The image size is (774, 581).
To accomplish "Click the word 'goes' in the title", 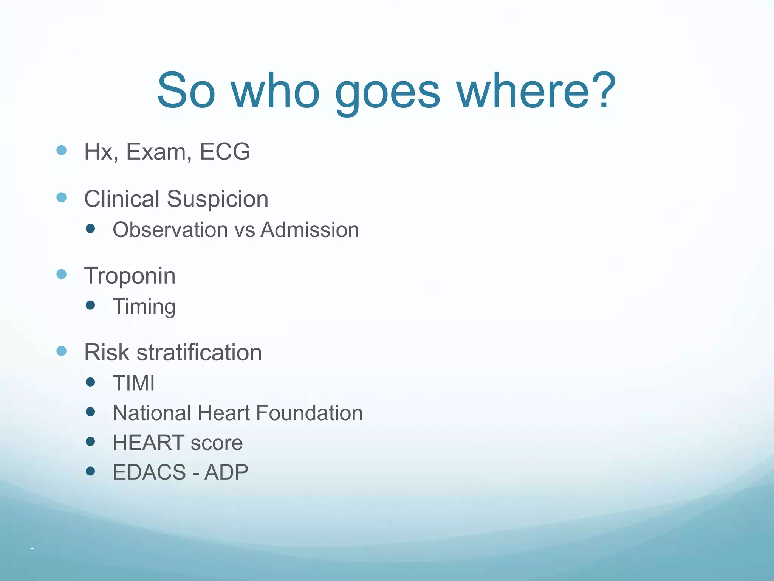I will [387, 93].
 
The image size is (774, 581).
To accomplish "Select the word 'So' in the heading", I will [186, 91].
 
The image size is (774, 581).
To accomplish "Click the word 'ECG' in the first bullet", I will [224, 152].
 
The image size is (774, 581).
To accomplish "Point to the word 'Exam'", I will [156, 152].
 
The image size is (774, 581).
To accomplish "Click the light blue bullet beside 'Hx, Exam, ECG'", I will [61, 151].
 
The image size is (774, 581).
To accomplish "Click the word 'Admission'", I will [310, 230].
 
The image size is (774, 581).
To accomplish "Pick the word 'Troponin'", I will [130, 276].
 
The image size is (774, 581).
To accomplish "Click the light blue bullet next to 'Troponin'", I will [61, 274].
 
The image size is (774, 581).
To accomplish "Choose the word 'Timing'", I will [144, 307].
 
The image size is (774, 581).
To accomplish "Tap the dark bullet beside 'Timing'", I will [90, 305].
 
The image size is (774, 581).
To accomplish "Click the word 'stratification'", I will [199, 353].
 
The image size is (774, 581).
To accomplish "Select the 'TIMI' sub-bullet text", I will [134, 383].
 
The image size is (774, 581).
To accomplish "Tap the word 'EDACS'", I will [149, 472].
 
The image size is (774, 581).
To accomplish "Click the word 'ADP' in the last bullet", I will [226, 472].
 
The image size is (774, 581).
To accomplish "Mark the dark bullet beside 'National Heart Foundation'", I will [90, 412].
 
